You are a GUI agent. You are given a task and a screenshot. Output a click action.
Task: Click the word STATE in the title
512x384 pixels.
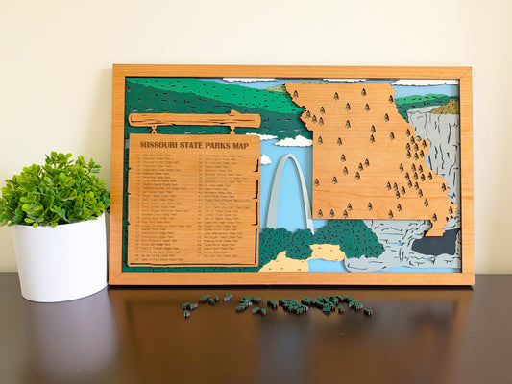tap(185, 145)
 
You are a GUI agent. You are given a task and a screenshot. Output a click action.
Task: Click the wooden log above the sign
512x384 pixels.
tap(195, 120)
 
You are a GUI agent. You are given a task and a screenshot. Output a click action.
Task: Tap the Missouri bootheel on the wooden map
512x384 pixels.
tap(436, 227)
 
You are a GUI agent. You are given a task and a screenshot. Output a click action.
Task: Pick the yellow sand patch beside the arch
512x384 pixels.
tap(327, 252)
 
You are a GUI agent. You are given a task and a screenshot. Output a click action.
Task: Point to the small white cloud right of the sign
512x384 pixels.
tap(265, 159)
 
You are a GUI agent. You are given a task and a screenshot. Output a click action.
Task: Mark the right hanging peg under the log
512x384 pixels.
tap(232, 132)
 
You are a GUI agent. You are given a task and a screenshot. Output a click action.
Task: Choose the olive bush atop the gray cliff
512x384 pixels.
tap(446, 108)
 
